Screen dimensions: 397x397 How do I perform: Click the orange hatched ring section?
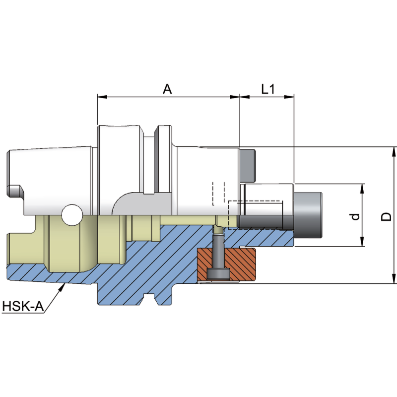coord(243,263)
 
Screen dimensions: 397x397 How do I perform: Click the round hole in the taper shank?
coord(72,215)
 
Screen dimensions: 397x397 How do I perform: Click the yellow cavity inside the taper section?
coord(69,248)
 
